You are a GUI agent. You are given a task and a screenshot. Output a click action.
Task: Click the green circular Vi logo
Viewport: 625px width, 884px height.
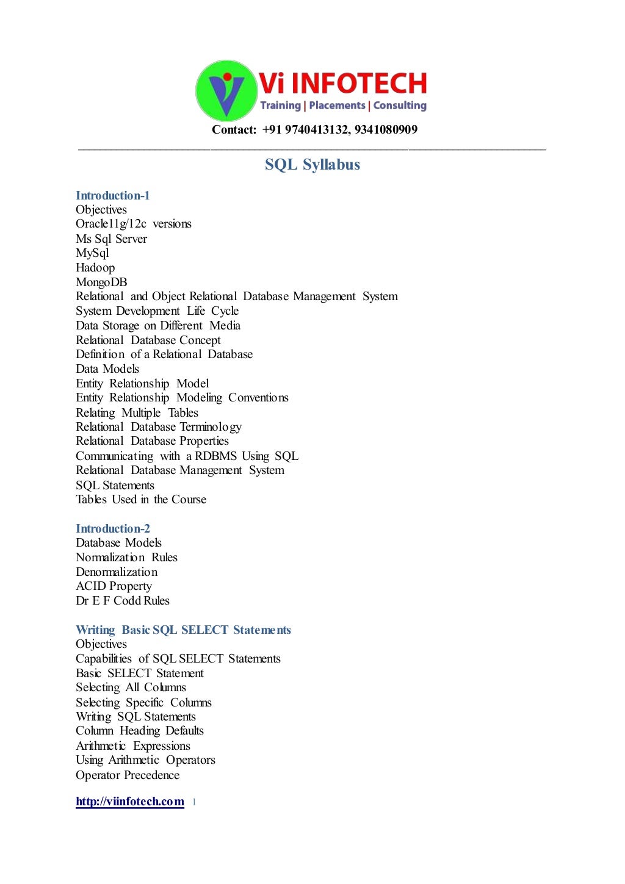tap(225, 90)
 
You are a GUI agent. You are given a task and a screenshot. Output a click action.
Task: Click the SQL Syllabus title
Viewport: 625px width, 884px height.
tap(312, 165)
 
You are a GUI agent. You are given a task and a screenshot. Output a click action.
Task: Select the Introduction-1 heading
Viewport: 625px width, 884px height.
tap(112, 195)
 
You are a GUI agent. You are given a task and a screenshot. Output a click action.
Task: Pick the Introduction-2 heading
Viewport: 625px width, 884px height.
tap(112, 528)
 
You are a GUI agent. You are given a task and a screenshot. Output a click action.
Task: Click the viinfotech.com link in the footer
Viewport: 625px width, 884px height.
tap(129, 801)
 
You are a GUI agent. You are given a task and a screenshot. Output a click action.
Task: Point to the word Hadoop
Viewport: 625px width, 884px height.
tap(95, 267)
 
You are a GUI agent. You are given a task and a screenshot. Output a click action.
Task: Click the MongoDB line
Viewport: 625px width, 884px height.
tap(101, 282)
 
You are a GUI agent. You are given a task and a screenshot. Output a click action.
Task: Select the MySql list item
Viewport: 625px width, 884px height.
tap(92, 253)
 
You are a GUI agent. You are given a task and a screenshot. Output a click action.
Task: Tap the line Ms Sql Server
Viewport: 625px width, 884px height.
tap(111, 239)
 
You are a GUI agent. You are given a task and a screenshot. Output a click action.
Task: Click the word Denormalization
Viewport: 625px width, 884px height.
tap(116, 572)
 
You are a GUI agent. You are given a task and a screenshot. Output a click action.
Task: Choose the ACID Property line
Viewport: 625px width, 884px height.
tap(114, 586)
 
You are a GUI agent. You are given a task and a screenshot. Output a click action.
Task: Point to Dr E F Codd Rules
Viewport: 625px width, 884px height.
tap(122, 600)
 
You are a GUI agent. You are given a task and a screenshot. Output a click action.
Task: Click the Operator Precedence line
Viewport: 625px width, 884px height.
tap(127, 775)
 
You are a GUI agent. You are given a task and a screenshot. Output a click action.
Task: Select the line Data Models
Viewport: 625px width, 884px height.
tap(107, 368)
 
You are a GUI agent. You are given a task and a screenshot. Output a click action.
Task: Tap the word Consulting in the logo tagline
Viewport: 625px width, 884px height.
tap(400, 106)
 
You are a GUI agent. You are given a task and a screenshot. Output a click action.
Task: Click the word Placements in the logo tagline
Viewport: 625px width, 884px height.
tap(337, 106)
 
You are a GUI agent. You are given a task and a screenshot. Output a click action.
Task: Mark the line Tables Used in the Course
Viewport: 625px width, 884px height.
tap(140, 499)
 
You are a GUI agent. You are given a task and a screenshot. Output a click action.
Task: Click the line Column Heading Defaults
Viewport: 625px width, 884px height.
tap(139, 730)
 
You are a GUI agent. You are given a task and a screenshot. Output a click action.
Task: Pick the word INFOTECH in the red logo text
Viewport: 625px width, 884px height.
tap(359, 84)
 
